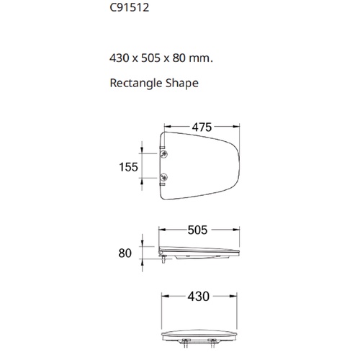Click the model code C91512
[x=130, y=7]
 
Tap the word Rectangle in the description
[x=132, y=84]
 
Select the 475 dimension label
[x=202, y=127]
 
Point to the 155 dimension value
[x=128, y=167]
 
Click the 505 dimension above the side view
[x=197, y=230]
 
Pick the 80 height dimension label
[x=125, y=253]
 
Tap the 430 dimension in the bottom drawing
[x=199, y=297]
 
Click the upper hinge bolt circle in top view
[x=164, y=154]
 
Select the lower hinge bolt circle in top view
[x=164, y=178]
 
